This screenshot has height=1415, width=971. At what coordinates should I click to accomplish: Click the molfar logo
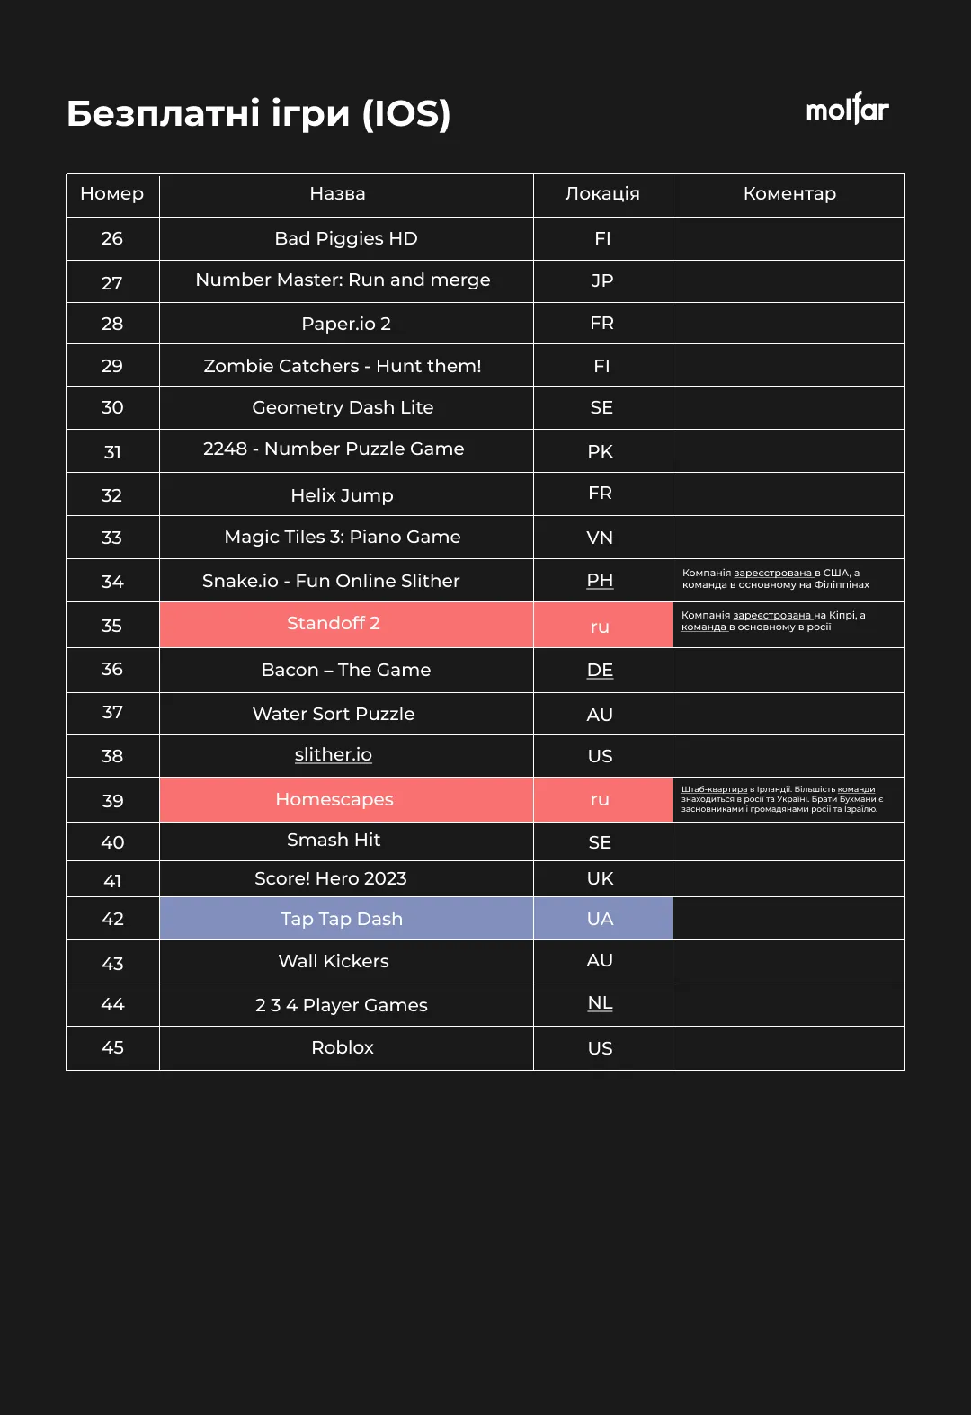[847, 109]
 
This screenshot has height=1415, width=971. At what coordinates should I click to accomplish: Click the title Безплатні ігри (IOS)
[258, 114]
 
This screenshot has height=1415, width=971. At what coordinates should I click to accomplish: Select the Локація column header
[602, 193]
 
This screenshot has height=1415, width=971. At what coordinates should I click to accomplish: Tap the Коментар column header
[789, 193]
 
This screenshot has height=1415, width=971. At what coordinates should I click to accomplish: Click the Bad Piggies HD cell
[346, 238]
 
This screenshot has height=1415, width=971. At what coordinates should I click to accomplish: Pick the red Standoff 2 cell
[334, 624]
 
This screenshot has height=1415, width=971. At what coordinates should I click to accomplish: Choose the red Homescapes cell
[334, 799]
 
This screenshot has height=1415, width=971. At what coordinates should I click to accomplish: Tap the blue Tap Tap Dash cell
[342, 919]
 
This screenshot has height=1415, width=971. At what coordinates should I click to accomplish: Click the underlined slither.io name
[334, 755]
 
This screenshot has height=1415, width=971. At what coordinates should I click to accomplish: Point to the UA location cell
[601, 919]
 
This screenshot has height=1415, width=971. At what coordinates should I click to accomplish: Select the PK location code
[601, 451]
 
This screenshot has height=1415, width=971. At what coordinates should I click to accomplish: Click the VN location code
[600, 538]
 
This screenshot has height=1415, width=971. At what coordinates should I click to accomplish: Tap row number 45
[112, 1047]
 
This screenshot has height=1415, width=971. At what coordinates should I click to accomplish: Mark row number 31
[112, 452]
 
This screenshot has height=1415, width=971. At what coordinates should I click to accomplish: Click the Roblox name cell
[343, 1047]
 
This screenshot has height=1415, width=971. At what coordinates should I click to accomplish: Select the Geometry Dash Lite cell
[343, 407]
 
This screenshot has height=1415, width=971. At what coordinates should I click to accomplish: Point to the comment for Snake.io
[776, 579]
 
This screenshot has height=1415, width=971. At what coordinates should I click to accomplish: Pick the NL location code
[601, 1003]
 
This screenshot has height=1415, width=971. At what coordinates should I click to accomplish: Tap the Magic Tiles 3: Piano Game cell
[343, 537]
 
